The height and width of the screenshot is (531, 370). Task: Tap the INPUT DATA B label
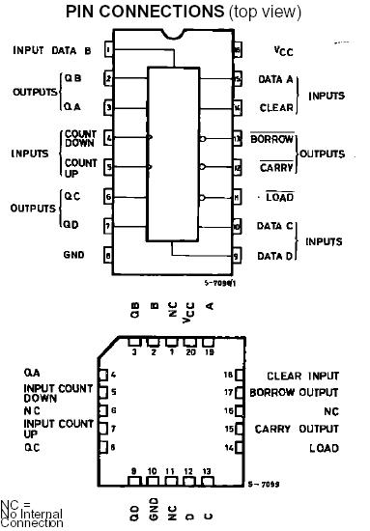pyautogui.click(x=52, y=48)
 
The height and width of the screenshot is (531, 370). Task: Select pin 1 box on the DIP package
pyautogui.click(x=109, y=48)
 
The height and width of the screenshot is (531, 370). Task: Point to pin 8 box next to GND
pyautogui.click(x=109, y=256)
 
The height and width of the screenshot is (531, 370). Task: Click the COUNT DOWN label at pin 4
pyautogui.click(x=81, y=138)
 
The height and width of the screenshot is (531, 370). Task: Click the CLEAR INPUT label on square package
pyautogui.click(x=303, y=375)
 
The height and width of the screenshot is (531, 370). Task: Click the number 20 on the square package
pyautogui.click(x=188, y=352)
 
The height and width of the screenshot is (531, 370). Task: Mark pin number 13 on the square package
pyautogui.click(x=206, y=471)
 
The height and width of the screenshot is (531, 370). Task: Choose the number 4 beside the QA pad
pyautogui.click(x=114, y=374)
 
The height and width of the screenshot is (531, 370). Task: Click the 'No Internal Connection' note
pyautogui.click(x=32, y=517)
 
